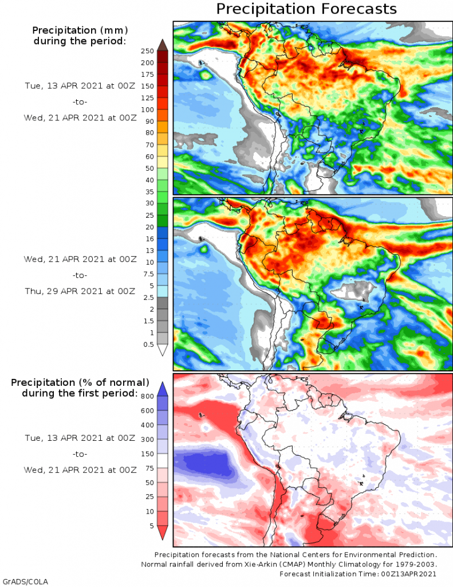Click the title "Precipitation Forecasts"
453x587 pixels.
click(306, 9)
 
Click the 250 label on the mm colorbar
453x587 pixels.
click(147, 51)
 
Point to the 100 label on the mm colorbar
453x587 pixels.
click(147, 109)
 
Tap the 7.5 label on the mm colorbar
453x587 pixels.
click(147, 274)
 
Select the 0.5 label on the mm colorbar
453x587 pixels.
click(147, 345)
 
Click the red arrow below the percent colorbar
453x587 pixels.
click(162, 533)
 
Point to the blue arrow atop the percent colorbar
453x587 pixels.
click(162, 388)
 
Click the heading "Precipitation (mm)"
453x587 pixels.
click(80, 30)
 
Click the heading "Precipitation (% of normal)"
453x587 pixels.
click(80, 382)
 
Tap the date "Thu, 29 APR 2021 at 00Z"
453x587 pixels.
click(80, 291)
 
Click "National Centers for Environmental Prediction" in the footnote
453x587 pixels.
click(336, 555)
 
